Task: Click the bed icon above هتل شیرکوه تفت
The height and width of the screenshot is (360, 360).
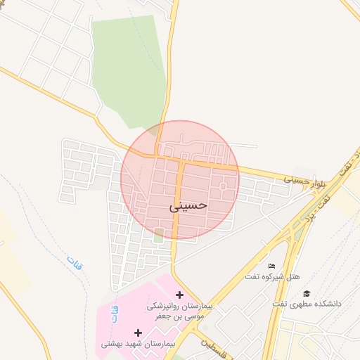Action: [x=272, y=265]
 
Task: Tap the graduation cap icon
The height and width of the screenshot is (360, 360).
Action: [x=306, y=293]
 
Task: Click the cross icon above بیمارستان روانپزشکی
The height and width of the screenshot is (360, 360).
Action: [x=179, y=295]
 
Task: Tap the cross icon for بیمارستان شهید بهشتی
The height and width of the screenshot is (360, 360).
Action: [x=138, y=332]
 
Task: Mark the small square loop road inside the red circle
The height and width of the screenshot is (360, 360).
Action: [x=224, y=186]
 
